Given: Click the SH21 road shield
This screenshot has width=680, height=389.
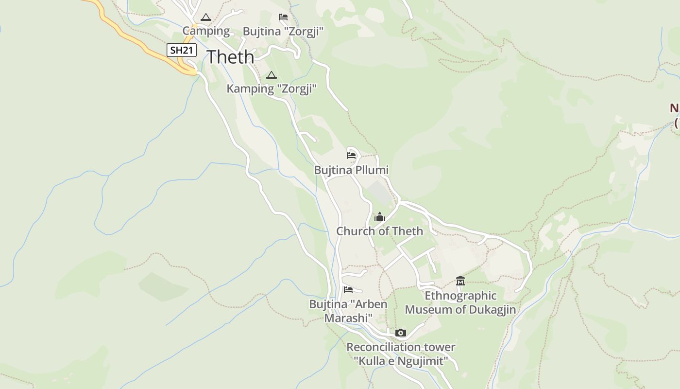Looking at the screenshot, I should pyautogui.click(x=182, y=50).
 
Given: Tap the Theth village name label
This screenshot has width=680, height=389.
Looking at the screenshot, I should pyautogui.click(x=230, y=57).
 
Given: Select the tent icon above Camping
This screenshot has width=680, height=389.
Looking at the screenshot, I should pyautogui.click(x=206, y=18).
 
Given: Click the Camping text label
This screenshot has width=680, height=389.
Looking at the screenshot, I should pyautogui.click(x=206, y=31).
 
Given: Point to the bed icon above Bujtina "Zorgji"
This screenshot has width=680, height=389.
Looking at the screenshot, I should pyautogui.click(x=283, y=17).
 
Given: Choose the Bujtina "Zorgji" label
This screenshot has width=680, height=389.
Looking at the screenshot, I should pyautogui.click(x=283, y=32).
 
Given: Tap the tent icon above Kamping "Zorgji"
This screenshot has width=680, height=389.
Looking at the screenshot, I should pyautogui.click(x=271, y=75).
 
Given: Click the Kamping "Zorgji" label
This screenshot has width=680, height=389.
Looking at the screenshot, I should pyautogui.click(x=272, y=89).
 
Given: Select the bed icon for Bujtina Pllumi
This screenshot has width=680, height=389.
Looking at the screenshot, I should pyautogui.click(x=351, y=156).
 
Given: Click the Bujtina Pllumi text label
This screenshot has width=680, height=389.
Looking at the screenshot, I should pyautogui.click(x=351, y=170).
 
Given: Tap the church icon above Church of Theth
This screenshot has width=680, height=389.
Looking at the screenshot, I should pyautogui.click(x=380, y=217).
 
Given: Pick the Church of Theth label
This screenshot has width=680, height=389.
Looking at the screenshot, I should pyautogui.click(x=380, y=231).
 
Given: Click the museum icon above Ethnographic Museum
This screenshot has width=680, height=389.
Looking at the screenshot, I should pyautogui.click(x=460, y=281).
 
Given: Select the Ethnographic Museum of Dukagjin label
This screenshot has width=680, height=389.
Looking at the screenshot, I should pyautogui.click(x=460, y=302).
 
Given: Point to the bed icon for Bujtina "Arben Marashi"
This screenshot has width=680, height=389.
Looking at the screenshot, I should pyautogui.click(x=348, y=290).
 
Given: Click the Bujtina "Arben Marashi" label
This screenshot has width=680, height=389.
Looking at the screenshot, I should pyautogui.click(x=348, y=311).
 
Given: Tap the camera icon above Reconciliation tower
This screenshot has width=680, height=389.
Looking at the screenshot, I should pyautogui.click(x=401, y=333).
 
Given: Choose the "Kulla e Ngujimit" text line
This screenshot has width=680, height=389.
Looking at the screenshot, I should pyautogui.click(x=401, y=361).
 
